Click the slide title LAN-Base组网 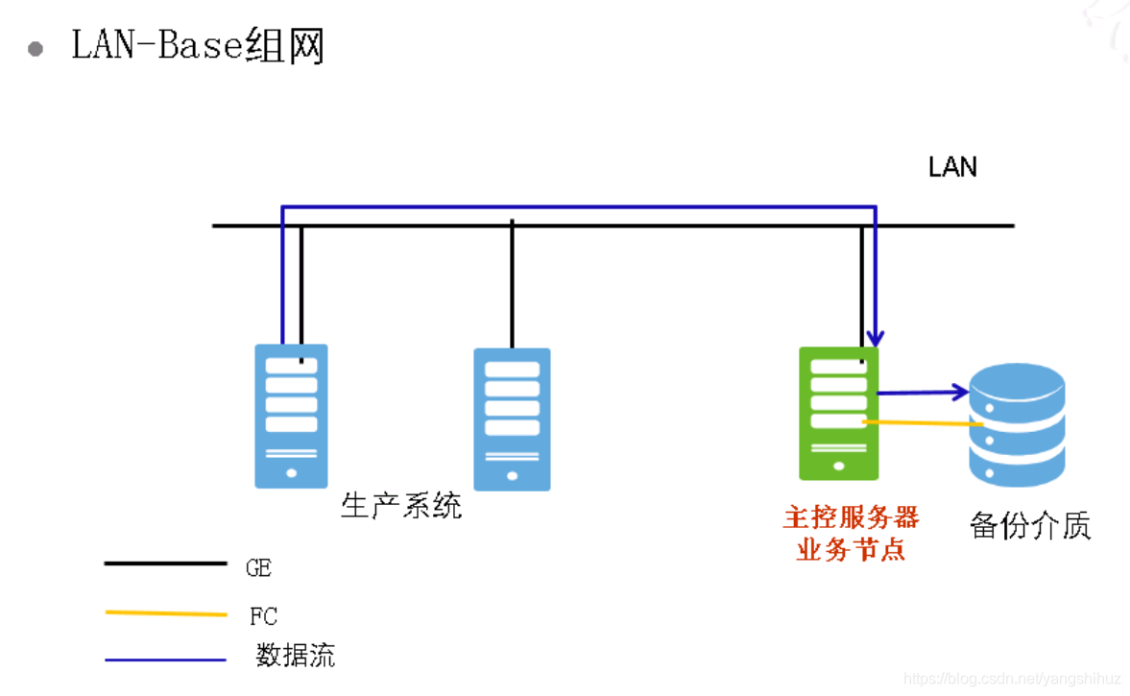198,45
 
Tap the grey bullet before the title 36,49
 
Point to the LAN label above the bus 952,167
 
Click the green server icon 838,414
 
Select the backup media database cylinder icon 1017,423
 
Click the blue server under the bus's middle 512,419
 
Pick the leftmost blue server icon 291,416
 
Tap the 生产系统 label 401,505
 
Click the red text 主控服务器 851,518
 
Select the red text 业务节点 851,550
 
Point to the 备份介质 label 1030,526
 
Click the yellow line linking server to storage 922,423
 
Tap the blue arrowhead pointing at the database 960,391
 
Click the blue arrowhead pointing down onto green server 875,339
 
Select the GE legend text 258,568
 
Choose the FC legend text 262,616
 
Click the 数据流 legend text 296,657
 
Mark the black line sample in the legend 165,564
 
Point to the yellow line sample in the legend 165,612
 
